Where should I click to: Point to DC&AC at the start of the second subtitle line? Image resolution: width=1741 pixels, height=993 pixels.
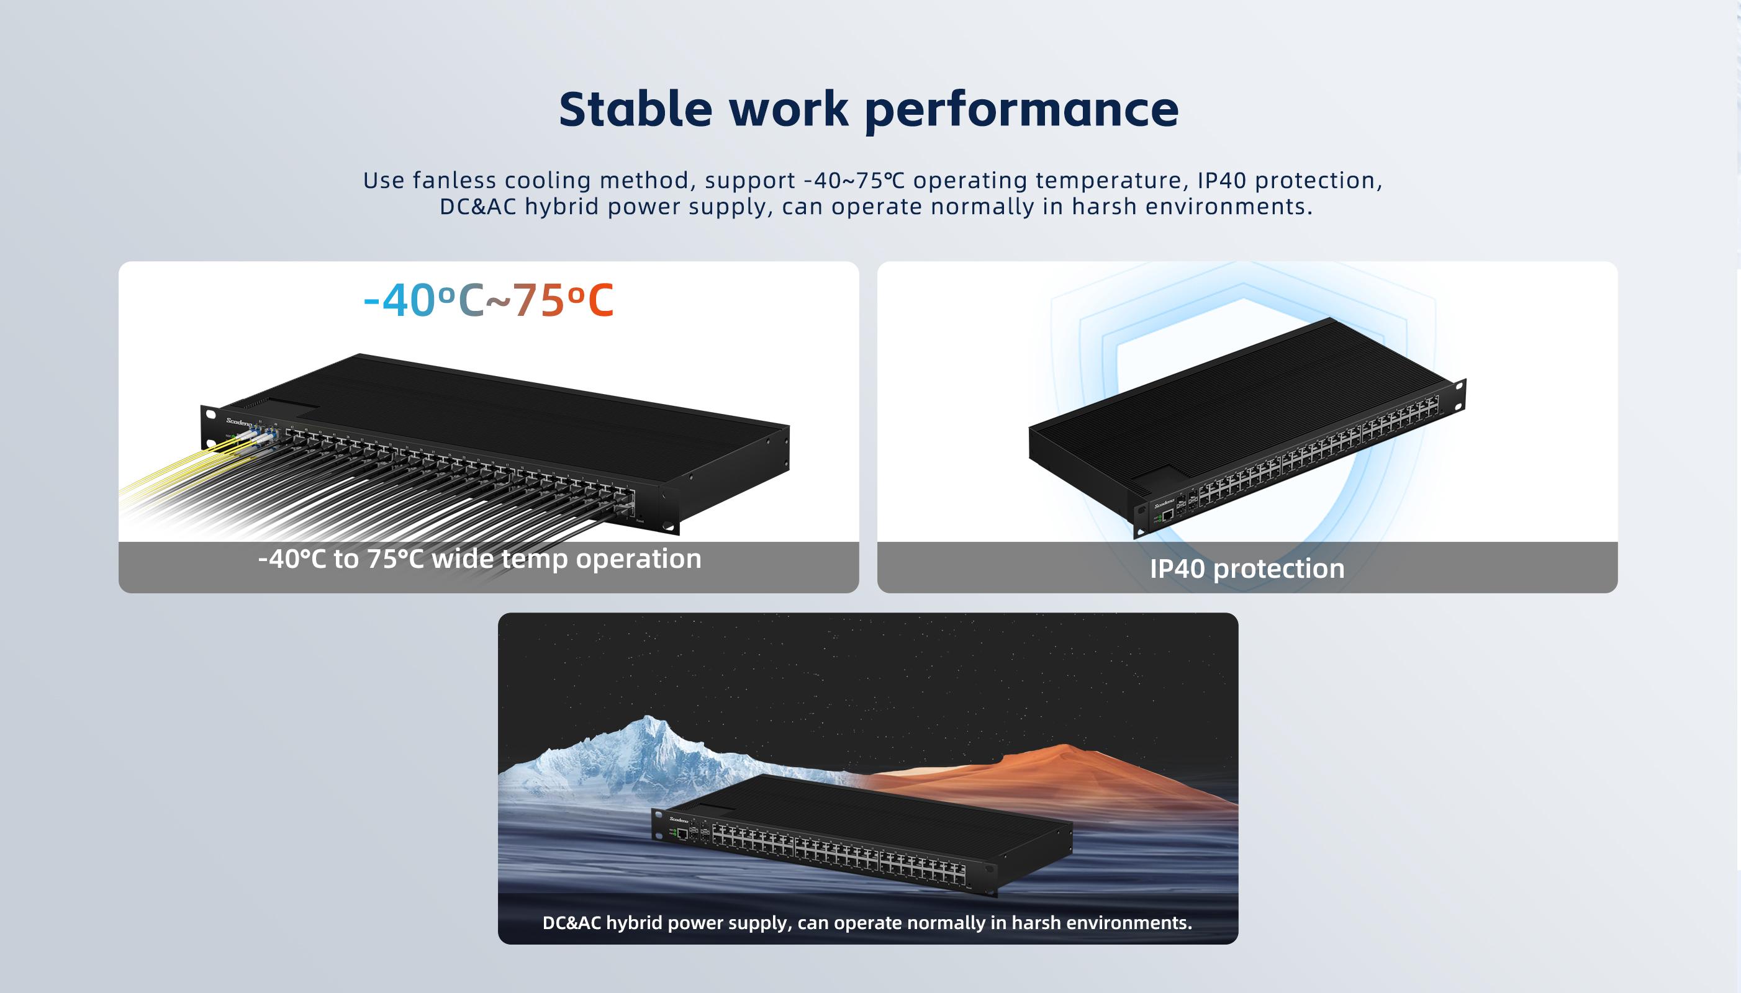click(477, 206)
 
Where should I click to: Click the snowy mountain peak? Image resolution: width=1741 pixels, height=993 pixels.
click(649, 719)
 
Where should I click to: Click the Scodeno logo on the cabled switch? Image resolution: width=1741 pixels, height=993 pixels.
click(240, 421)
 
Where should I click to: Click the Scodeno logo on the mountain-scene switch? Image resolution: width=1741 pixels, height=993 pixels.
click(679, 819)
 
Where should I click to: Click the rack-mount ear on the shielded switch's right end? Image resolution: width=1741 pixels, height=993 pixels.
click(1459, 395)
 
